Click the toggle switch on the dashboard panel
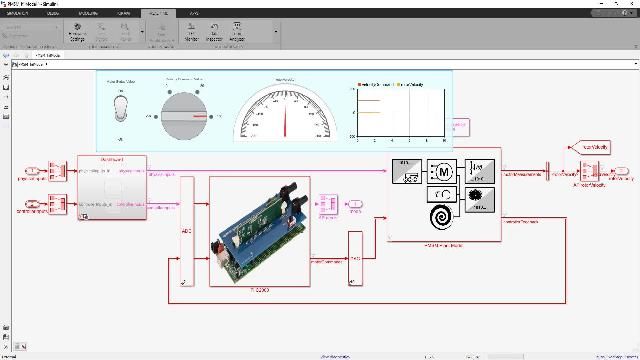[121, 107]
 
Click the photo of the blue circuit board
[259, 231]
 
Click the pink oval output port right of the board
[355, 204]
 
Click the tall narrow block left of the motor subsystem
[355, 257]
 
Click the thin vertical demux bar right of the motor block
[547, 171]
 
